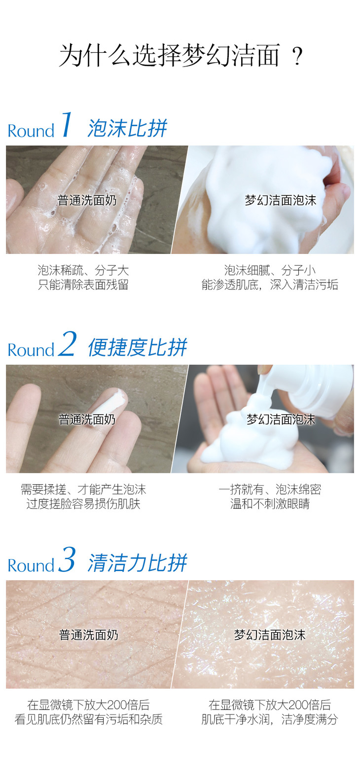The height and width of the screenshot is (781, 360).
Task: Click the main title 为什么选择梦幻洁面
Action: pos(169,55)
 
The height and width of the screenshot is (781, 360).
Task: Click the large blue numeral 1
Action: pos(67,124)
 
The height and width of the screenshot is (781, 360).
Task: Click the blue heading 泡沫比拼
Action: pos(127,128)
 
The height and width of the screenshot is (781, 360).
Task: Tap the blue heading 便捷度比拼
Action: pos(138,347)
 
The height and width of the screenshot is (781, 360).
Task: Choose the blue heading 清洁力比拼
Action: pos(138,563)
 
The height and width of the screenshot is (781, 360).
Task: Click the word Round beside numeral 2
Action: pos(31,350)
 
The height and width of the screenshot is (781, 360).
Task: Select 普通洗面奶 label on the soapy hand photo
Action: pos(87,200)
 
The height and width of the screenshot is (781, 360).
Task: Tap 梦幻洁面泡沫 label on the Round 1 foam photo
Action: pos(281,200)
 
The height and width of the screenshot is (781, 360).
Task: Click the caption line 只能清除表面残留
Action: pos(83,285)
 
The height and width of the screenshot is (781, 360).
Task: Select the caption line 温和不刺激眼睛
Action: pos(270,504)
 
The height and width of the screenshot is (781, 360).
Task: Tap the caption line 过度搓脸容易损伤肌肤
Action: pos(83,504)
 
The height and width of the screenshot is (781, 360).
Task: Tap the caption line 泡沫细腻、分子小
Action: pos(270,270)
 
